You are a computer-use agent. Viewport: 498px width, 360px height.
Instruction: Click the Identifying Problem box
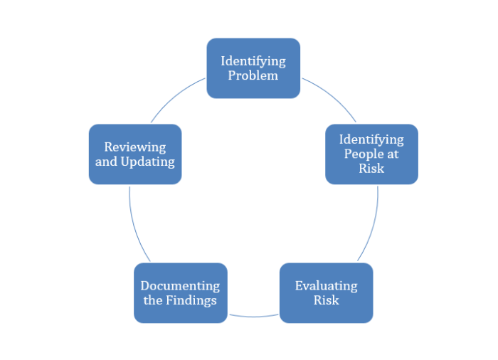[253, 68]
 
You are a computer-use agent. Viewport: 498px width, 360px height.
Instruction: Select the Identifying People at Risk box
[371, 154]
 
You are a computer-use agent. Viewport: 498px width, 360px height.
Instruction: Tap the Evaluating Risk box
[326, 293]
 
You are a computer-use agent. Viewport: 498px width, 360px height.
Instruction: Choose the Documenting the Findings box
[180, 293]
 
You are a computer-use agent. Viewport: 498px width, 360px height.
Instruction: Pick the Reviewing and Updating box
[135, 154]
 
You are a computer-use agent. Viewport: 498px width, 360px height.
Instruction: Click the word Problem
[253, 75]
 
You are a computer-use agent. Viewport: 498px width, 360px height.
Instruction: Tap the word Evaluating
[326, 285]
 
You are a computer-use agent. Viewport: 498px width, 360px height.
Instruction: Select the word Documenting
[180, 285]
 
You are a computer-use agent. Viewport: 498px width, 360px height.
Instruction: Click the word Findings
[191, 300]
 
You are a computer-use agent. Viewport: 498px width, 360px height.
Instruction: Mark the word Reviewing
[135, 147]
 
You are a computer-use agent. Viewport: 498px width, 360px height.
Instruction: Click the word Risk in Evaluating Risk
[326, 300]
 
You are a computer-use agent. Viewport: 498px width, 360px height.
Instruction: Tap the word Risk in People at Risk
[371, 169]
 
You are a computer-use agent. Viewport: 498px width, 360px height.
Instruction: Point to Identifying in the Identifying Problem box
[253, 60]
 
